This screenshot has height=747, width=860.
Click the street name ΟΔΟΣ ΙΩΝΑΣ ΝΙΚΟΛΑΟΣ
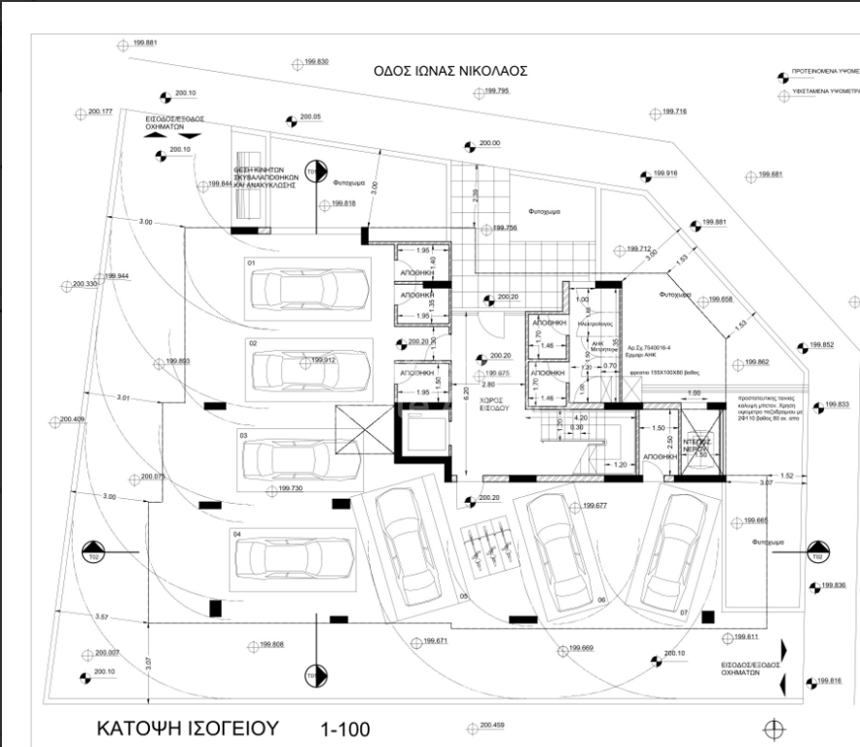click(x=451, y=71)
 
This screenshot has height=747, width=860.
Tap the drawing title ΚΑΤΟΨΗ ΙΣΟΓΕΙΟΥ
click(x=188, y=728)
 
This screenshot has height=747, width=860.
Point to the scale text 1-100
click(x=345, y=729)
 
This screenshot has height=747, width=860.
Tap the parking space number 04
click(x=236, y=534)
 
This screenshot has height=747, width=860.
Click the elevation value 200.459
click(x=492, y=726)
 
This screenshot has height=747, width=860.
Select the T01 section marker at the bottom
click(x=312, y=675)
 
